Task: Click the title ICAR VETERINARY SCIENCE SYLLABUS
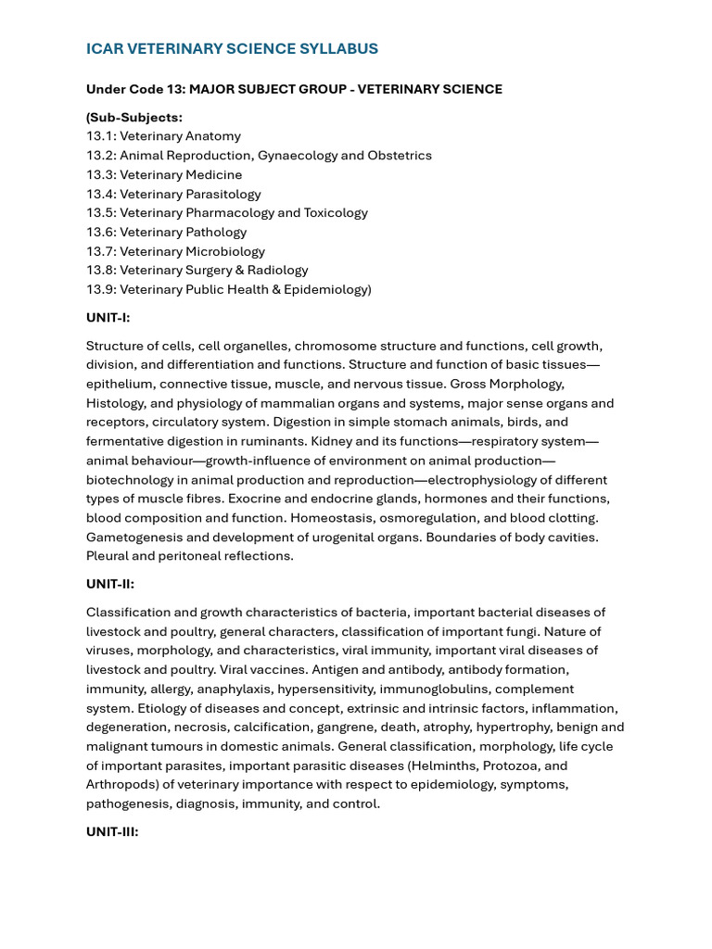point(232,49)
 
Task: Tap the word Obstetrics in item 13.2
point(400,156)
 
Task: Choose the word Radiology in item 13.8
point(277,271)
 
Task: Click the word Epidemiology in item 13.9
point(328,289)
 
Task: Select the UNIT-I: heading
point(108,318)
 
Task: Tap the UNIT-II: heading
point(109,584)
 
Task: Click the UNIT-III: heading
point(112,832)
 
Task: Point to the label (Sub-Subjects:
point(134,117)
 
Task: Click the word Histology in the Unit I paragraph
point(115,403)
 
